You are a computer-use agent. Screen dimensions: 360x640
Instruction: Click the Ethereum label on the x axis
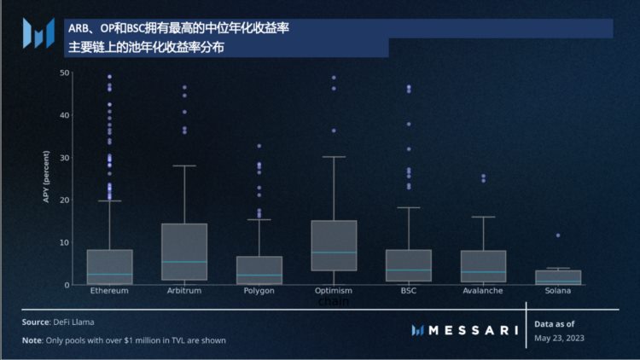coord(109,291)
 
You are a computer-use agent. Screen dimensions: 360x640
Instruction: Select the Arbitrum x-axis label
coord(184,291)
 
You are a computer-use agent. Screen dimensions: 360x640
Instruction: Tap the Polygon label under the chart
coord(258,291)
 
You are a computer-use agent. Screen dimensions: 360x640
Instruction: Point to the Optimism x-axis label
coord(333,291)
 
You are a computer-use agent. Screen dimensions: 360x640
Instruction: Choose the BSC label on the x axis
coord(408,291)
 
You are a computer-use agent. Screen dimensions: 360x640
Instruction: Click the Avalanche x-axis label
coord(483,291)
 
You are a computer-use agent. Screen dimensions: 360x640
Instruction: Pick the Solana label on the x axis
coord(558,291)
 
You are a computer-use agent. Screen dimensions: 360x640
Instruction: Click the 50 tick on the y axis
coord(64,73)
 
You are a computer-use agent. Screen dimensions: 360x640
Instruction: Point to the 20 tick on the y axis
coord(64,200)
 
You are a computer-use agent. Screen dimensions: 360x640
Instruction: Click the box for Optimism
coord(333,245)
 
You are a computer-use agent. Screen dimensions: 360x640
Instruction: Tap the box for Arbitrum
coord(184,252)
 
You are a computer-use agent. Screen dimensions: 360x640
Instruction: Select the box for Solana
coord(558,277)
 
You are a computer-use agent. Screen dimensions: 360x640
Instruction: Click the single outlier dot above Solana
coord(558,235)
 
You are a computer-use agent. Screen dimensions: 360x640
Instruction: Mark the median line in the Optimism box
coord(333,253)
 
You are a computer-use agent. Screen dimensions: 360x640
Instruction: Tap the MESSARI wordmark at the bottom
coord(474,330)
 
